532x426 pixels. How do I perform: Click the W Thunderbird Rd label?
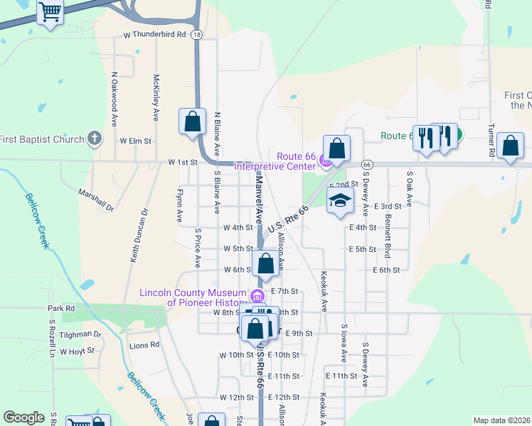[154, 34]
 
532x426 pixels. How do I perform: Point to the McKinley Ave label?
[156, 99]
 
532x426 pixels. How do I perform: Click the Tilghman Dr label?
[81, 334]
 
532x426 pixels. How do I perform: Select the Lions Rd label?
[144, 345]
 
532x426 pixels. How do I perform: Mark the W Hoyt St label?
[77, 351]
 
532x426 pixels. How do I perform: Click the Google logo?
[23, 417]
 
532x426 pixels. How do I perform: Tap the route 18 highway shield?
[196, 34]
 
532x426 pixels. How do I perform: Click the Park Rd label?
[61, 309]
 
